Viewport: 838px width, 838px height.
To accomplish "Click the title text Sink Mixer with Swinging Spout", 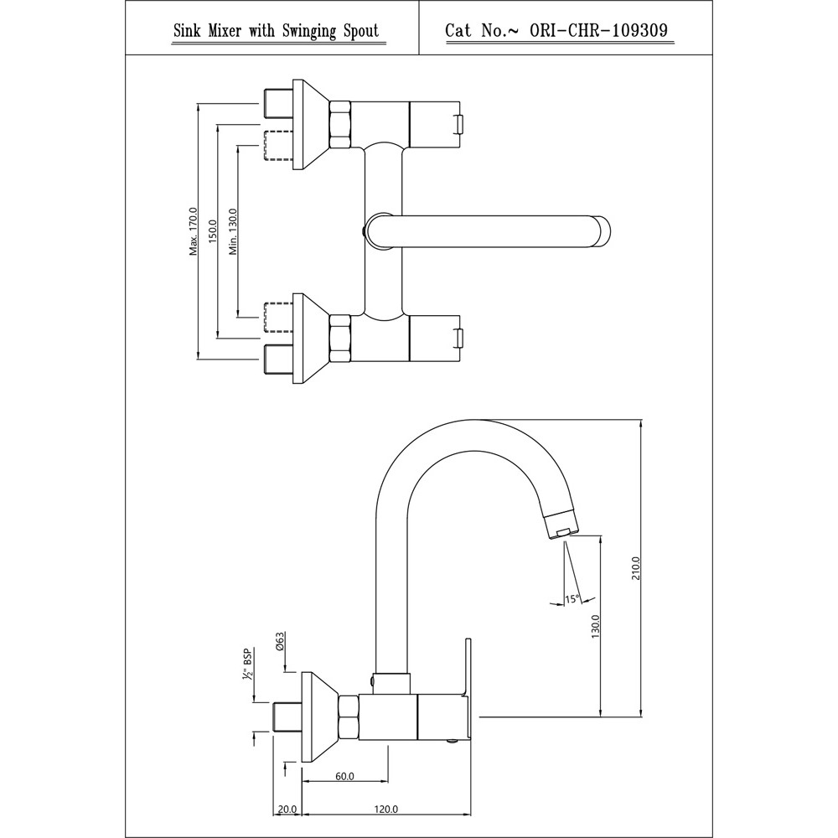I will [x=275, y=32].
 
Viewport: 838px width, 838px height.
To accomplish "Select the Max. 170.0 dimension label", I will [x=194, y=230].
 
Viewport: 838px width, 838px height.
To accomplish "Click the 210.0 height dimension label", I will [x=637, y=569].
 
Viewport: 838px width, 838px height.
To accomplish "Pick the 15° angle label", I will [x=572, y=598].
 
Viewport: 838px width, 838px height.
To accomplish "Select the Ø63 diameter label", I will [x=281, y=643].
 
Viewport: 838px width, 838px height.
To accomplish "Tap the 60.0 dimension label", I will [x=344, y=776].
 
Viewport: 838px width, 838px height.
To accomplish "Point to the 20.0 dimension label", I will [x=287, y=810].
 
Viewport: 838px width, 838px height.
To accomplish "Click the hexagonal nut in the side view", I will [x=348, y=717].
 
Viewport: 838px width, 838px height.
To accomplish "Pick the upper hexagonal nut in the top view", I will [x=340, y=125].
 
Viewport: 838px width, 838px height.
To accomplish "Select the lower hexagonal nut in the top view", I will [x=340, y=339].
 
